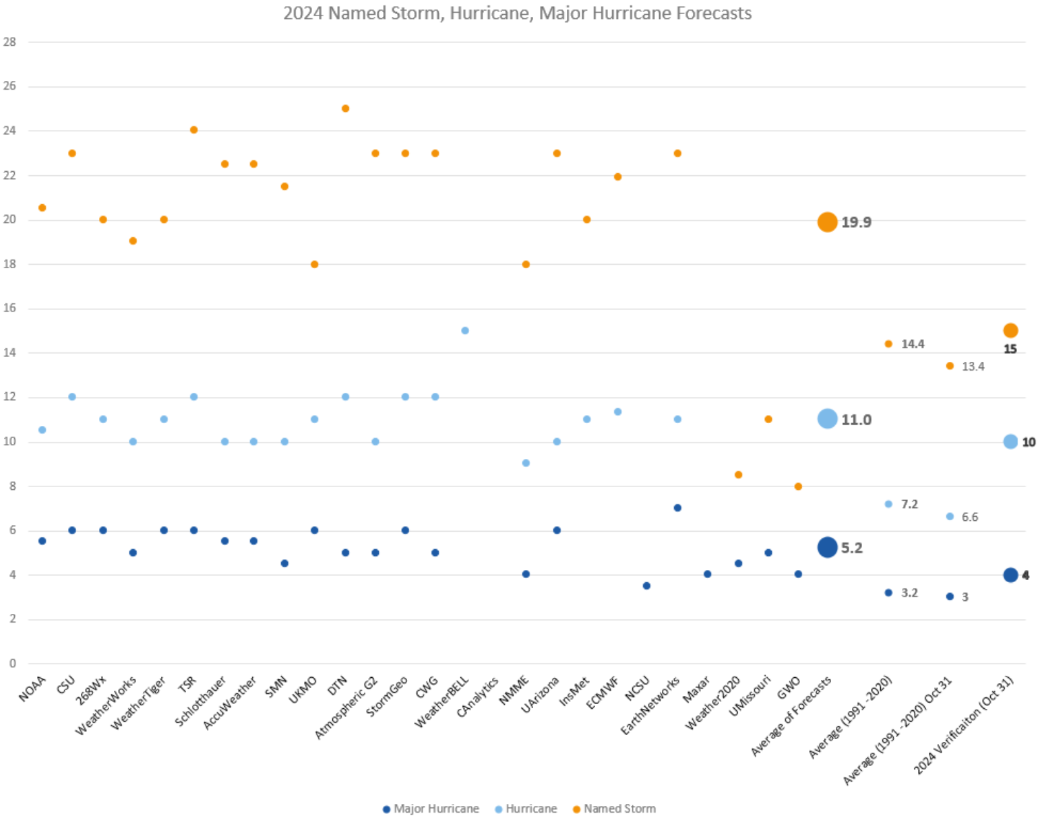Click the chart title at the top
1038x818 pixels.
point(517,13)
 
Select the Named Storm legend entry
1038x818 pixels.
point(619,809)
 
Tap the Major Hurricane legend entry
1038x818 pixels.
point(435,809)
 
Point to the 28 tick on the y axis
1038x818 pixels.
point(9,42)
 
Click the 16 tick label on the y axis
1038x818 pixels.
point(9,308)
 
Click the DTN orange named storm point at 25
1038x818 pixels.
point(345,108)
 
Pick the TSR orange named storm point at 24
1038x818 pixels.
point(193,130)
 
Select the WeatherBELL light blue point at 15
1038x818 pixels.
point(465,331)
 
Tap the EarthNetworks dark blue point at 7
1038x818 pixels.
point(677,508)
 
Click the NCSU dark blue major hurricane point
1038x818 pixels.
point(646,586)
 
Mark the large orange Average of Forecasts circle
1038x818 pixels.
point(827,222)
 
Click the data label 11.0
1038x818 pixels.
point(856,420)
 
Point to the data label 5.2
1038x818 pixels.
point(851,548)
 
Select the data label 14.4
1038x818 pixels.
point(913,344)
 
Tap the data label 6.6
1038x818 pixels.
point(969,517)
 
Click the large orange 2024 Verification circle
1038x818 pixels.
point(1010,331)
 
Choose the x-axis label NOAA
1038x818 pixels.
point(32,688)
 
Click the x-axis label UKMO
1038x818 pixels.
point(303,690)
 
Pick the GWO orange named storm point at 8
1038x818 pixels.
point(798,486)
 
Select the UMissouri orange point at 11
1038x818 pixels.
point(768,419)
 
